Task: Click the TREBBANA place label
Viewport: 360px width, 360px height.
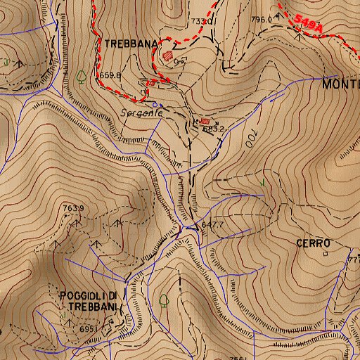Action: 131,43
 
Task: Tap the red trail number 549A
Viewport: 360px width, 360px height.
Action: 309,25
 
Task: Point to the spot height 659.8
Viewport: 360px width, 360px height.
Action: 111,75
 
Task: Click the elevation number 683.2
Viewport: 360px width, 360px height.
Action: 212,129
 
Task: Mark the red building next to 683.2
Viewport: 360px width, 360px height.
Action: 205,121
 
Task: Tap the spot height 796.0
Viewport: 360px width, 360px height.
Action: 261,19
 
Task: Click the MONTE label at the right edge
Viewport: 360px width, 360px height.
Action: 340,84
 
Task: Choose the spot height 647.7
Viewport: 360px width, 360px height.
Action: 212,224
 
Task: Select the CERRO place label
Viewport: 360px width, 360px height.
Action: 313,243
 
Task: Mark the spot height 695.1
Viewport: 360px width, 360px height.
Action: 88,328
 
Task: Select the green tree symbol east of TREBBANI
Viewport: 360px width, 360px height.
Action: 164,300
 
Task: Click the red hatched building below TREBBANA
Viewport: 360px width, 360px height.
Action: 167,54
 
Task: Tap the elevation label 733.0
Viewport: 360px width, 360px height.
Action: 200,22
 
